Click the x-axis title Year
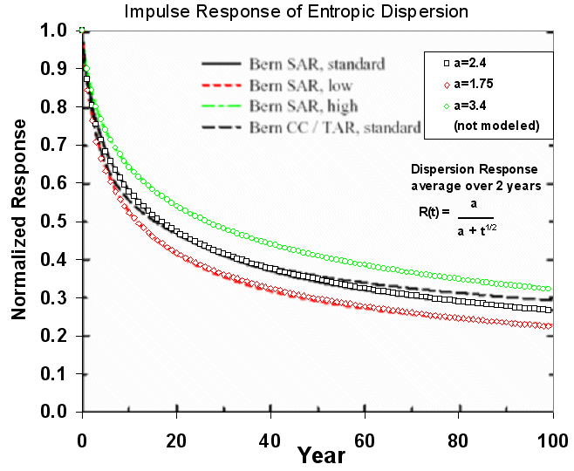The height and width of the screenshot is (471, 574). coord(319,454)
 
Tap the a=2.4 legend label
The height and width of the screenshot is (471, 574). coord(472,65)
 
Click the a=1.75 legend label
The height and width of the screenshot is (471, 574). coord(475,85)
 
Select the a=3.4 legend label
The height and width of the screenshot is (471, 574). coord(472,106)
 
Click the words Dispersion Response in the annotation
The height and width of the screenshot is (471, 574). coord(474,169)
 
